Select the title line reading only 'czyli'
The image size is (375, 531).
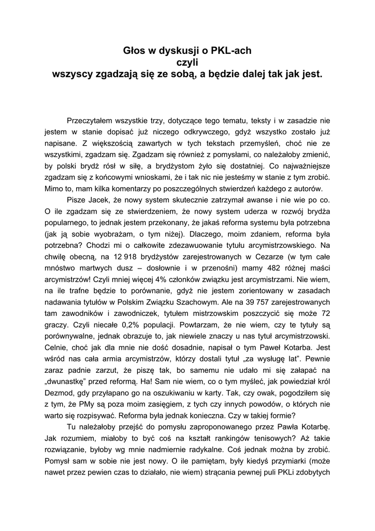[x=187, y=62]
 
